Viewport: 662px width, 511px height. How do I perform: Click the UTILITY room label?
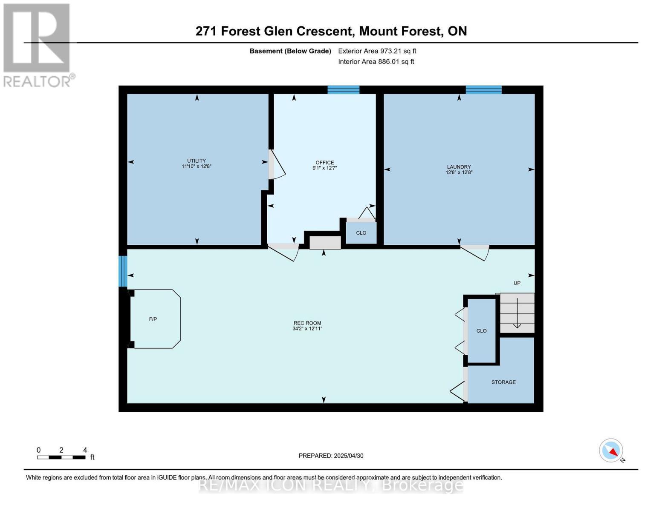click(x=196, y=161)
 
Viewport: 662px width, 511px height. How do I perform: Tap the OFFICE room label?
click(x=324, y=163)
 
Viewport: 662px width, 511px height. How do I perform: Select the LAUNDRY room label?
click(x=459, y=167)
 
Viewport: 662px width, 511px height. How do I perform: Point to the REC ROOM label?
click(x=307, y=323)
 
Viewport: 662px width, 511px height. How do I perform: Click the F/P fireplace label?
click(x=153, y=319)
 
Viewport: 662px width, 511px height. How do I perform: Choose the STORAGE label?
click(x=503, y=382)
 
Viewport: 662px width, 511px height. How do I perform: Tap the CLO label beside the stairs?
click(x=481, y=330)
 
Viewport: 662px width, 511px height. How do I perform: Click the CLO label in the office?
click(x=361, y=233)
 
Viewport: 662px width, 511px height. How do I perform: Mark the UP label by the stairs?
click(x=517, y=283)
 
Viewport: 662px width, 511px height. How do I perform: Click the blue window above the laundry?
click(x=483, y=90)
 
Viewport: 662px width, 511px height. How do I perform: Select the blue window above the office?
click(x=343, y=90)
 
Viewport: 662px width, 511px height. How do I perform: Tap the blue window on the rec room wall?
click(x=123, y=271)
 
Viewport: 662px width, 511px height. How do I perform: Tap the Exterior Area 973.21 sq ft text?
click(x=377, y=51)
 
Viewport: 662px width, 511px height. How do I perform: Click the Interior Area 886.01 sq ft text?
click(x=376, y=61)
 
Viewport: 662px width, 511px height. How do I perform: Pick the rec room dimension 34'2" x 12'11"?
click(x=307, y=328)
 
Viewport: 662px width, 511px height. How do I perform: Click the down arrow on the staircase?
click(x=517, y=313)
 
